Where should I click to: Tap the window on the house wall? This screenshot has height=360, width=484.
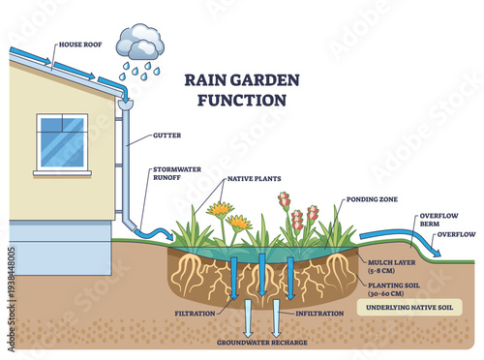click(x=61, y=142)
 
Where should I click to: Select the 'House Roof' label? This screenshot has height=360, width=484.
click(x=81, y=45)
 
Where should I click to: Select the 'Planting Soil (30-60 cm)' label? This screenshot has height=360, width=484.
click(x=396, y=288)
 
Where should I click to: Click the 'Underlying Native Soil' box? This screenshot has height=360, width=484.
click(x=406, y=309)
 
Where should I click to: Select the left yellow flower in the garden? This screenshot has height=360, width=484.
click(x=220, y=210)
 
